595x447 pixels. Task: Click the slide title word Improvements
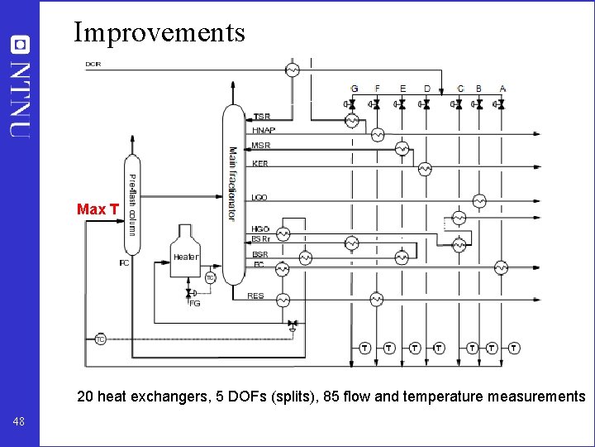159,31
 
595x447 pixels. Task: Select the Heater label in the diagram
186,257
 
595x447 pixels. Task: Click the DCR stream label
93,64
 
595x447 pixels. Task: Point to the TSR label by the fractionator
261,117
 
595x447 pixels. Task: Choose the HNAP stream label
264,131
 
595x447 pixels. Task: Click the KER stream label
260,164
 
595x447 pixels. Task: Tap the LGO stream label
259,198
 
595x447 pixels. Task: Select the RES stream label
256,296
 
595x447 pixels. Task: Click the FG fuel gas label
195,304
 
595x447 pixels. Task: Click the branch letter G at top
355,89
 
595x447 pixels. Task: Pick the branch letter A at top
502,89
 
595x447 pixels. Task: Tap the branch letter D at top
427,89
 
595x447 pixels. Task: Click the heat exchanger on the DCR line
292,70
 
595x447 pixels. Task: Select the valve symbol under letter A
502,105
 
